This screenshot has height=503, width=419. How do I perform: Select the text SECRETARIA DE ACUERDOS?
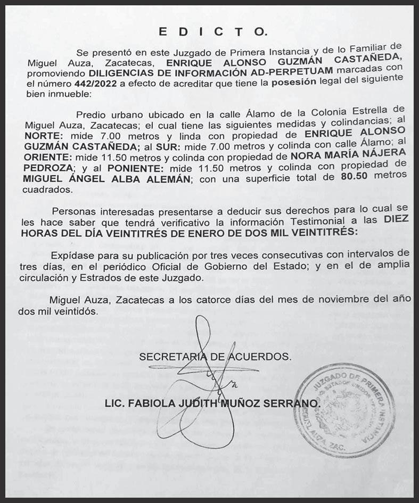(x=215, y=357)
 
